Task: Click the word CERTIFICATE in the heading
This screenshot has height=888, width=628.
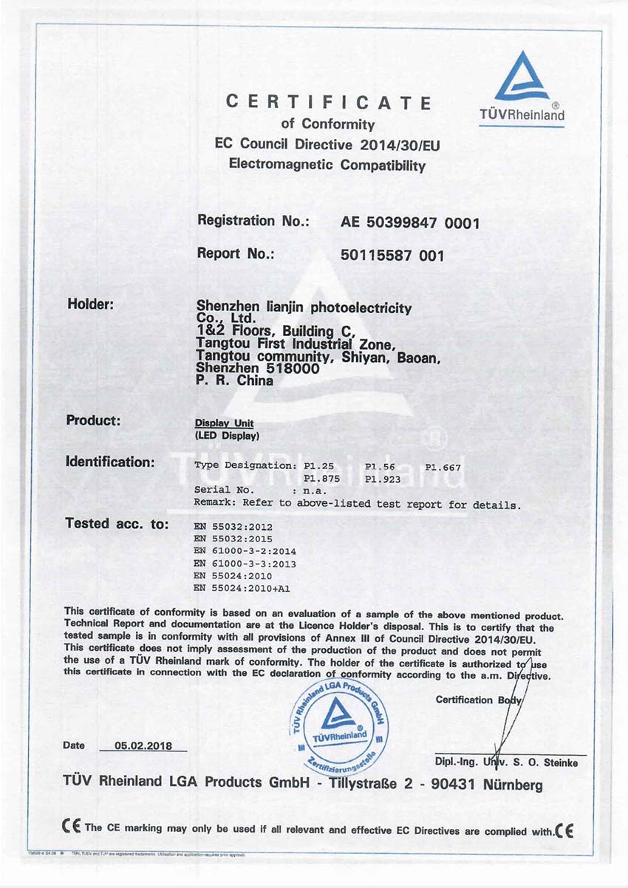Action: point(328,103)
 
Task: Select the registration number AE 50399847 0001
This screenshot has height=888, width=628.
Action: point(410,222)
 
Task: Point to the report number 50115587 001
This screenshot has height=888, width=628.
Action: point(392,255)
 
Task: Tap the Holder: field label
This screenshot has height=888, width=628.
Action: point(90,304)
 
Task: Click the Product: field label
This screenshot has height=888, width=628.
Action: point(93,420)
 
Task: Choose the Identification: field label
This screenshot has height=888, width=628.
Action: point(110,462)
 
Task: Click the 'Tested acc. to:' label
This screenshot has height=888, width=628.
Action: point(117,524)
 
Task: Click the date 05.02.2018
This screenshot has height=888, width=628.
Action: point(143,746)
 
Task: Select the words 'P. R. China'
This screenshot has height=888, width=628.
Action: point(235,382)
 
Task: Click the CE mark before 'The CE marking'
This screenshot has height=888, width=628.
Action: point(72,827)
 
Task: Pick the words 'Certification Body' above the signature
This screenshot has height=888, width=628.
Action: point(479,700)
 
